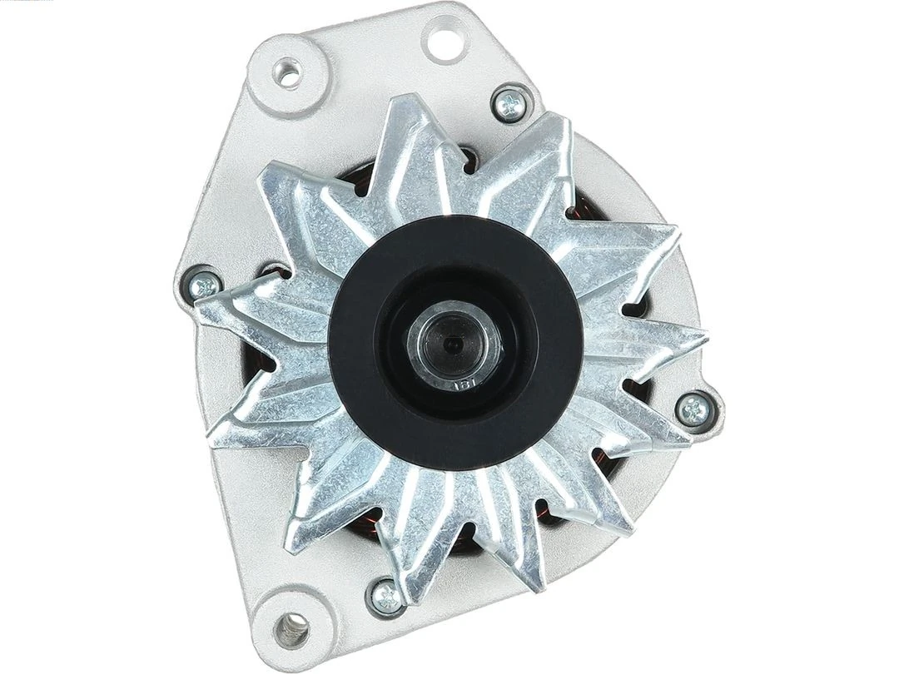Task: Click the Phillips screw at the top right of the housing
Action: (508, 103)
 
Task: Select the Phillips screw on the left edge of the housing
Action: (203, 286)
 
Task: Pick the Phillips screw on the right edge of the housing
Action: (696, 408)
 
